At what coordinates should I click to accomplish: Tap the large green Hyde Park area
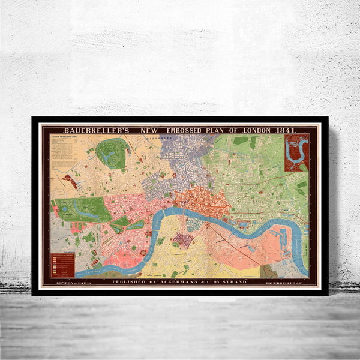tap(84, 209)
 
